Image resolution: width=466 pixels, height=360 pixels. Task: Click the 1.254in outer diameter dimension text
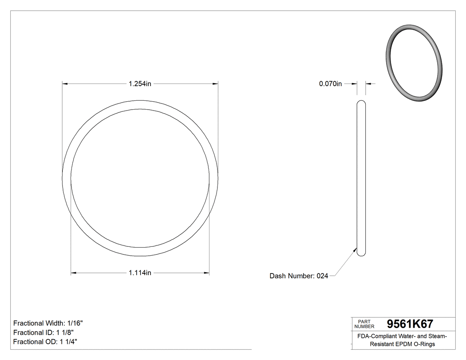[x=140, y=83]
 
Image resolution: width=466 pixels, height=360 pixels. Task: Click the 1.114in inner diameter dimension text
[x=140, y=273]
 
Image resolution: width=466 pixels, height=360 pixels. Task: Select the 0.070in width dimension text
[x=330, y=83]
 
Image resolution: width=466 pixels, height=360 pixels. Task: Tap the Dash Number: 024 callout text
[x=299, y=276]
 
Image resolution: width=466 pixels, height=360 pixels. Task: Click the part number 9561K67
[x=410, y=324]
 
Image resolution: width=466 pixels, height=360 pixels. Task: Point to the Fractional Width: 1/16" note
[x=48, y=323]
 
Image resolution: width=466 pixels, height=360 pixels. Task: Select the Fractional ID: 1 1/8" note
[x=43, y=332]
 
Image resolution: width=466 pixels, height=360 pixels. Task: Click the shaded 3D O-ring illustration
[x=414, y=62]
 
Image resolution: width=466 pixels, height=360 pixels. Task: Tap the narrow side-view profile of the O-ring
[x=361, y=178]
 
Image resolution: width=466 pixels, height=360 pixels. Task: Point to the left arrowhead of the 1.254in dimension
[x=65, y=83]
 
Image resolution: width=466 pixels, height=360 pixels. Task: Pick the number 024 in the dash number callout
[x=322, y=276]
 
